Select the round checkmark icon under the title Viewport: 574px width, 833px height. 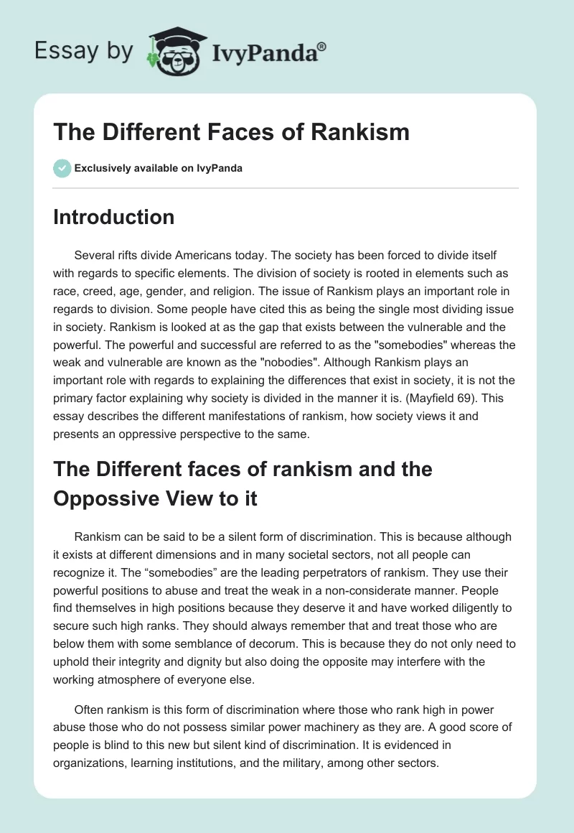click(62, 168)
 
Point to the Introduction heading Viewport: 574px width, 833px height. click(113, 217)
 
